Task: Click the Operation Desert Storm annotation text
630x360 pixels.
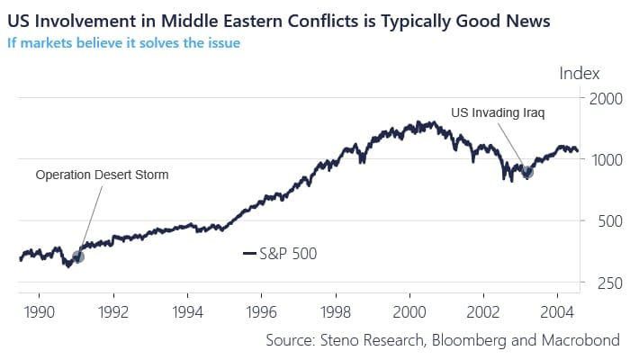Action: click(102, 175)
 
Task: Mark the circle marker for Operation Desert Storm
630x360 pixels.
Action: click(78, 256)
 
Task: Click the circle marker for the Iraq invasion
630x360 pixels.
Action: click(527, 172)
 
